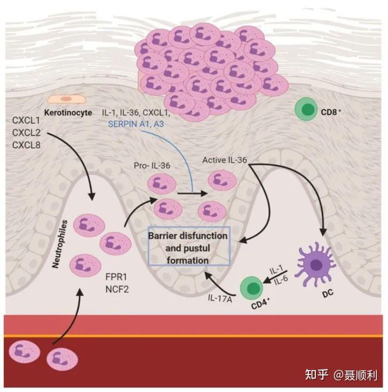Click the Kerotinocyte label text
[68, 112]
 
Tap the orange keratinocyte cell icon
[67, 99]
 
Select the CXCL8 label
[26, 145]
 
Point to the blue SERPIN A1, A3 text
[136, 124]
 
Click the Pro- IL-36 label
[152, 165]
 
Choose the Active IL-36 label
[224, 160]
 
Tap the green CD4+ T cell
[252, 288]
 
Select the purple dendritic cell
[315, 264]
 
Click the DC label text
[328, 294]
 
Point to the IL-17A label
[220, 298]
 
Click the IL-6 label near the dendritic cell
[281, 280]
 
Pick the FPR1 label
[116, 276]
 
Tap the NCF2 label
[117, 289]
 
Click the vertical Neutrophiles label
[60, 244]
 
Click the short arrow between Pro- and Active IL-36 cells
[192, 193]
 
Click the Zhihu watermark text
[341, 375]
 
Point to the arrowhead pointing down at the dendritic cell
[323, 233]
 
